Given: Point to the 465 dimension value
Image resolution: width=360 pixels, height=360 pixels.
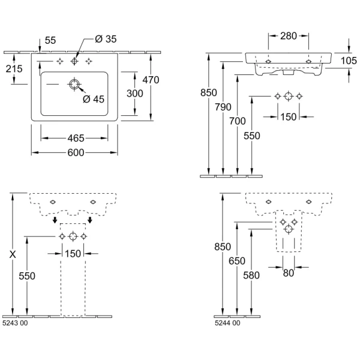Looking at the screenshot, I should coord(74,138).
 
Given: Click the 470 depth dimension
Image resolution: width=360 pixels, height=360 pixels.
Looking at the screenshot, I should coord(151,79).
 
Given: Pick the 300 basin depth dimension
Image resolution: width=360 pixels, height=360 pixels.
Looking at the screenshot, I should coord(134,93).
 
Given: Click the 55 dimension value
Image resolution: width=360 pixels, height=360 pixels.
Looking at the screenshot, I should coord(50,40).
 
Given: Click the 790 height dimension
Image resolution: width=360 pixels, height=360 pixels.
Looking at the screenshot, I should coord(223,107).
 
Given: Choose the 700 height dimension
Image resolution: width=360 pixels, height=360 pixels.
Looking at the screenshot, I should coord(238,121).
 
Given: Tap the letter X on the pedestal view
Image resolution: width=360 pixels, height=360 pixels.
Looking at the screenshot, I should coord(13,254).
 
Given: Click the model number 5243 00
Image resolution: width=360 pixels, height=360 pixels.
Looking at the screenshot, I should coord(15,323).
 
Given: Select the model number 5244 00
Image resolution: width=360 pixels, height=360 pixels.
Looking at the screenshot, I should coord(227,323).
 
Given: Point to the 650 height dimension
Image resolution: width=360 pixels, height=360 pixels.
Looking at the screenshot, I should coord(237,260).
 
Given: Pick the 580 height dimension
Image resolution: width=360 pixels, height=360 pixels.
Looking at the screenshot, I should coord(253,275).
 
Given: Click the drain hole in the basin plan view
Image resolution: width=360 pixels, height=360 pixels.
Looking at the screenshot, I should coord(74,85).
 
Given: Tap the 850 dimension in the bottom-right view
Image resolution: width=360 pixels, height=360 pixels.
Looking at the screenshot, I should coord(221,246).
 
